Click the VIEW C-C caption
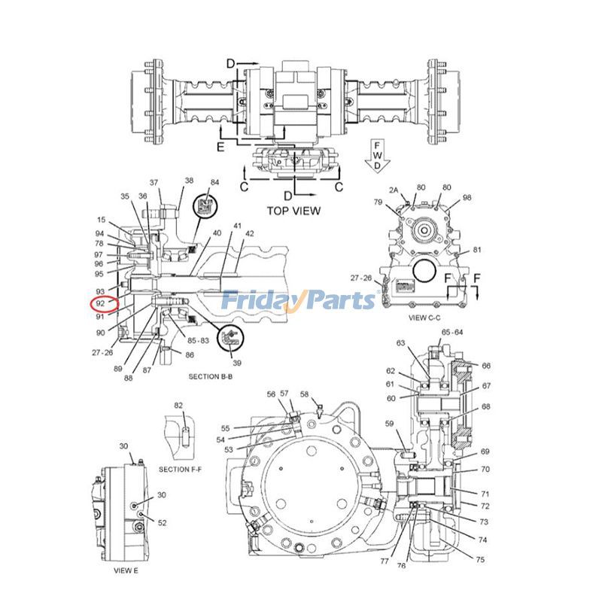(429, 318)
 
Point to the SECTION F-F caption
(180, 469)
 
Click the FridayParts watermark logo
(299, 300)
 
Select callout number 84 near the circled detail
(214, 183)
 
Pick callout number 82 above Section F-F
(178, 406)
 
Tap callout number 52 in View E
(162, 522)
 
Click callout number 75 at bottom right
(480, 558)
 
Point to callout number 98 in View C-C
(467, 198)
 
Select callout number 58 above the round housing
(304, 394)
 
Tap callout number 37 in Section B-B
(154, 183)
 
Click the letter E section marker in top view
(220, 147)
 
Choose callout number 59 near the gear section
(389, 424)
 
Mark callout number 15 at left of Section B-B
(101, 220)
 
